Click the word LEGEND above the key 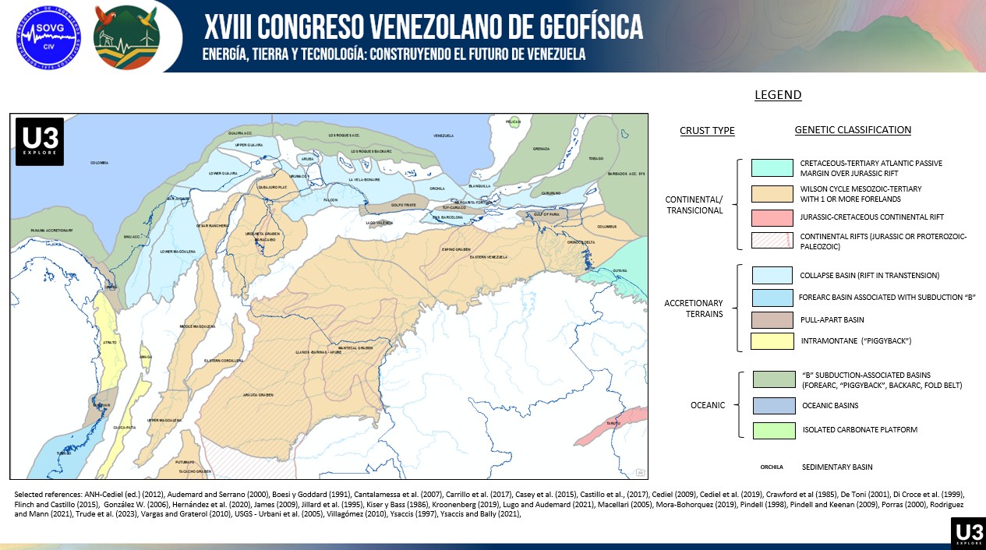[778, 95]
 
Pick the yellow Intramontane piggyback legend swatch [772, 341]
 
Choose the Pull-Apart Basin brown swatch [772, 319]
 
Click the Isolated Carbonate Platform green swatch [773, 430]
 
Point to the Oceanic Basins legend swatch [773, 405]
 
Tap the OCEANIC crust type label [707, 405]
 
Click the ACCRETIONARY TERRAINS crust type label [694, 308]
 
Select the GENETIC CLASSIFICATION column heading [853, 130]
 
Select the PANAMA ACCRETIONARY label [52, 231]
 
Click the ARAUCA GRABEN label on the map [257, 395]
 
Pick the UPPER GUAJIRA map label [249, 145]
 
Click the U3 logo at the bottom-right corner [967, 532]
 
